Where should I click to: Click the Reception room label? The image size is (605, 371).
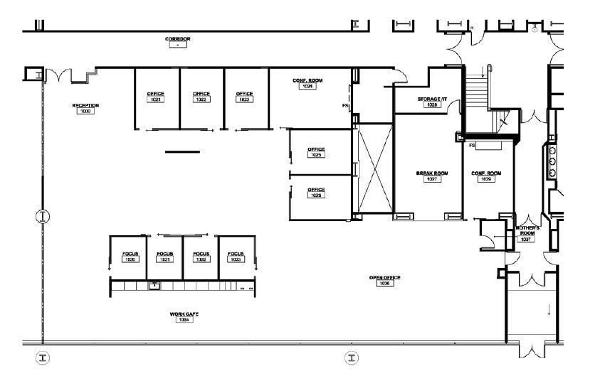click(85, 106)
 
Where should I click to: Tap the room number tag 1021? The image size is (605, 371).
click(156, 100)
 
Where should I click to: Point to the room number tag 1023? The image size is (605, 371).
click(244, 100)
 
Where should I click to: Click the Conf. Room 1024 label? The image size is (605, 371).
click(307, 81)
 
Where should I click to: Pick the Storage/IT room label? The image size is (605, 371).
click(431, 100)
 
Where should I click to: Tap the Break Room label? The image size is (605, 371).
click(431, 173)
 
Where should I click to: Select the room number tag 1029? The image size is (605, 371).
click(487, 179)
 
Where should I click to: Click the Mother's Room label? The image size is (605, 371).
click(527, 229)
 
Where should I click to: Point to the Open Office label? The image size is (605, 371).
click(384, 278)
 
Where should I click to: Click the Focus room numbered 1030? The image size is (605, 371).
click(130, 257)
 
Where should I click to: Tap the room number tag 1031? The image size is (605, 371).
click(165, 260)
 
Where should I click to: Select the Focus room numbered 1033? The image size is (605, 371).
click(236, 257)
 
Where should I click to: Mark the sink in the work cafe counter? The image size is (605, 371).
click(154, 286)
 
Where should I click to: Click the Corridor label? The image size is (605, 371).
click(178, 39)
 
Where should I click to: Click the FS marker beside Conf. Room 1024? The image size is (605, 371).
click(345, 106)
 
